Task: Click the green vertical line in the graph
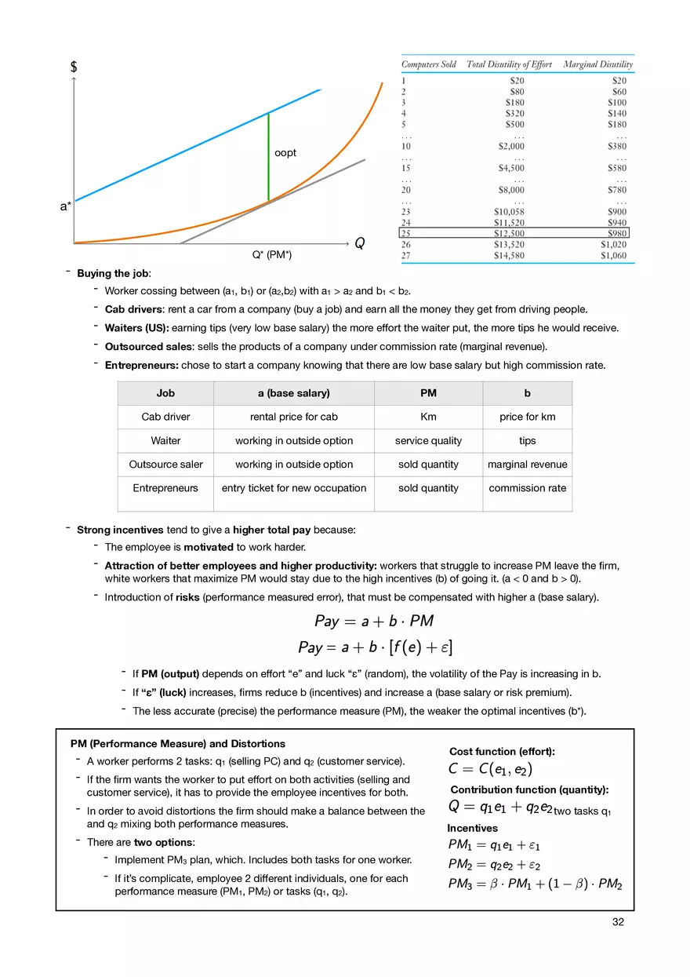(x=268, y=157)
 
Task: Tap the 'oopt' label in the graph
(x=285, y=153)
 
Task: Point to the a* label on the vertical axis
(x=66, y=206)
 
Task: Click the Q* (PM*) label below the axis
(x=272, y=255)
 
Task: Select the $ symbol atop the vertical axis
(x=74, y=67)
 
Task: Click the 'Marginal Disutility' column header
(x=597, y=64)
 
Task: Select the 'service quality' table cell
(x=428, y=441)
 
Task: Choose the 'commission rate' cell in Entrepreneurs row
(x=527, y=488)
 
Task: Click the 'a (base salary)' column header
(x=293, y=393)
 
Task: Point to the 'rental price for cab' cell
(x=293, y=417)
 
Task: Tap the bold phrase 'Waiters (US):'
(x=136, y=328)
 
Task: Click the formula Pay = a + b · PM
(x=374, y=622)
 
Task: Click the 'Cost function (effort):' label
(x=502, y=752)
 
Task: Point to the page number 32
(x=618, y=922)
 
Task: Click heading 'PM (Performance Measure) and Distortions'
(x=178, y=744)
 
